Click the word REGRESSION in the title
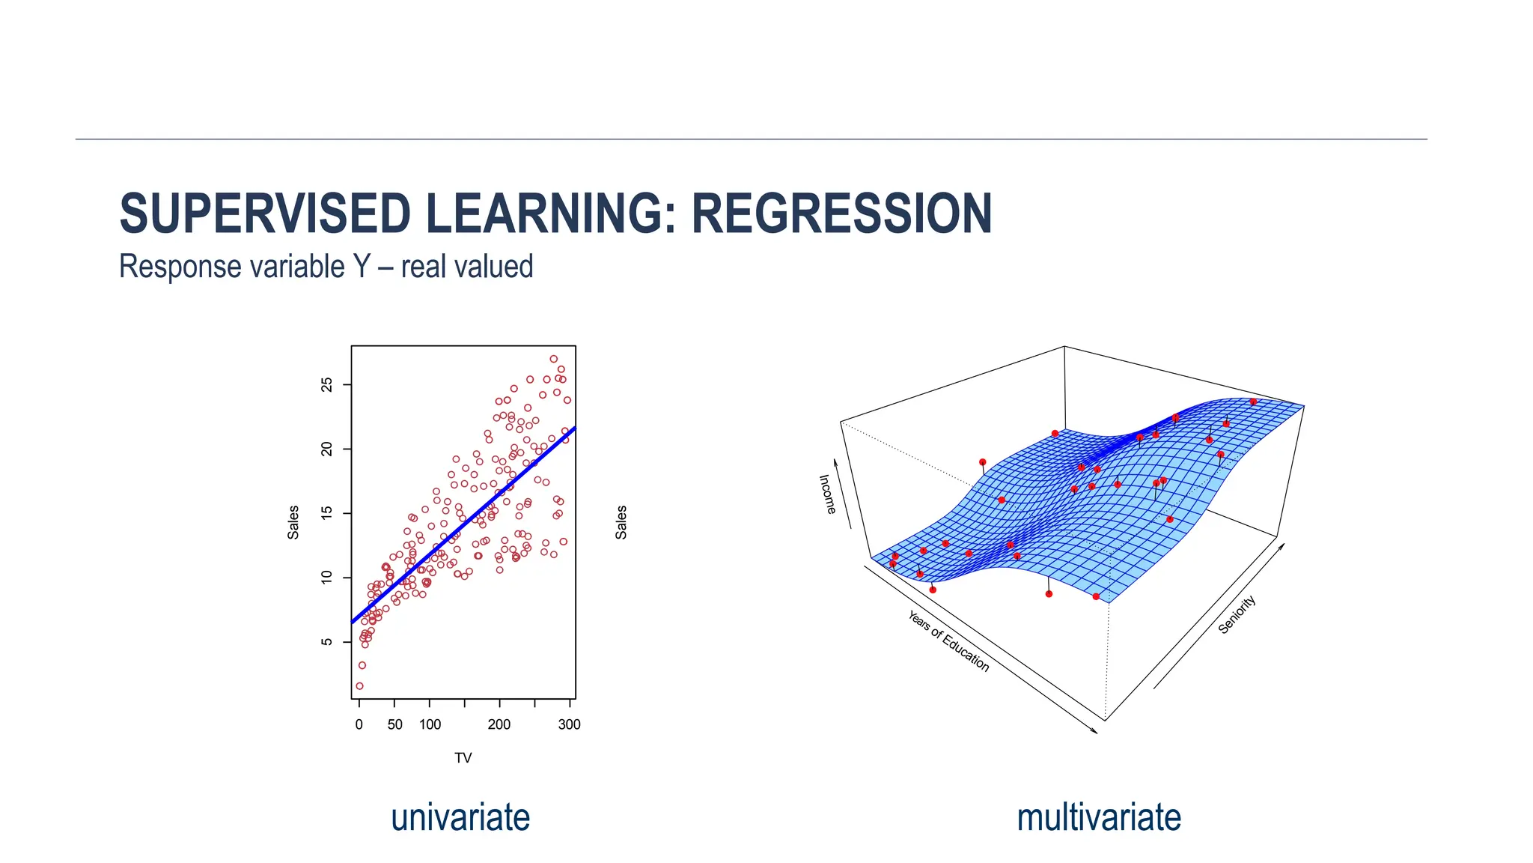[841, 214]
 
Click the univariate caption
[460, 817]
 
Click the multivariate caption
[1098, 817]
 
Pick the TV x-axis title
[463, 758]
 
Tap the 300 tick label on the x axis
[569, 724]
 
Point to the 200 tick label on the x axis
[499, 724]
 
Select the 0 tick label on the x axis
[359, 724]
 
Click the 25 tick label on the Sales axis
[326, 384]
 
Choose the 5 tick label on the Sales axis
[326, 642]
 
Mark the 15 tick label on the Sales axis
[326, 513]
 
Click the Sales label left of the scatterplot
[293, 522]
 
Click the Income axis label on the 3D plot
[827, 494]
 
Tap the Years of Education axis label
[948, 641]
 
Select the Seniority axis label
[1237, 615]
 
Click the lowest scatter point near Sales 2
[359, 685]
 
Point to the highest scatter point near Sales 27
[553, 359]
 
